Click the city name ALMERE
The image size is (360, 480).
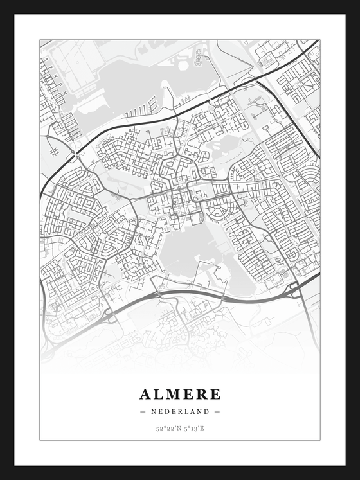point(180,394)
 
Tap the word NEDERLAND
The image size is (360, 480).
point(180,411)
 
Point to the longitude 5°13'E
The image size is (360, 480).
point(194,428)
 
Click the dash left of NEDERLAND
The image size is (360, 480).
point(143,411)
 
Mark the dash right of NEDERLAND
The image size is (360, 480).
point(217,411)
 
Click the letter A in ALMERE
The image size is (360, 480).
point(145,394)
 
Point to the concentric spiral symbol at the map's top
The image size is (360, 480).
point(197,61)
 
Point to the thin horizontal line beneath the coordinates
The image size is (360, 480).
point(180,440)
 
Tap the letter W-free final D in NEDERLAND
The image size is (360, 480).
point(207,411)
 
